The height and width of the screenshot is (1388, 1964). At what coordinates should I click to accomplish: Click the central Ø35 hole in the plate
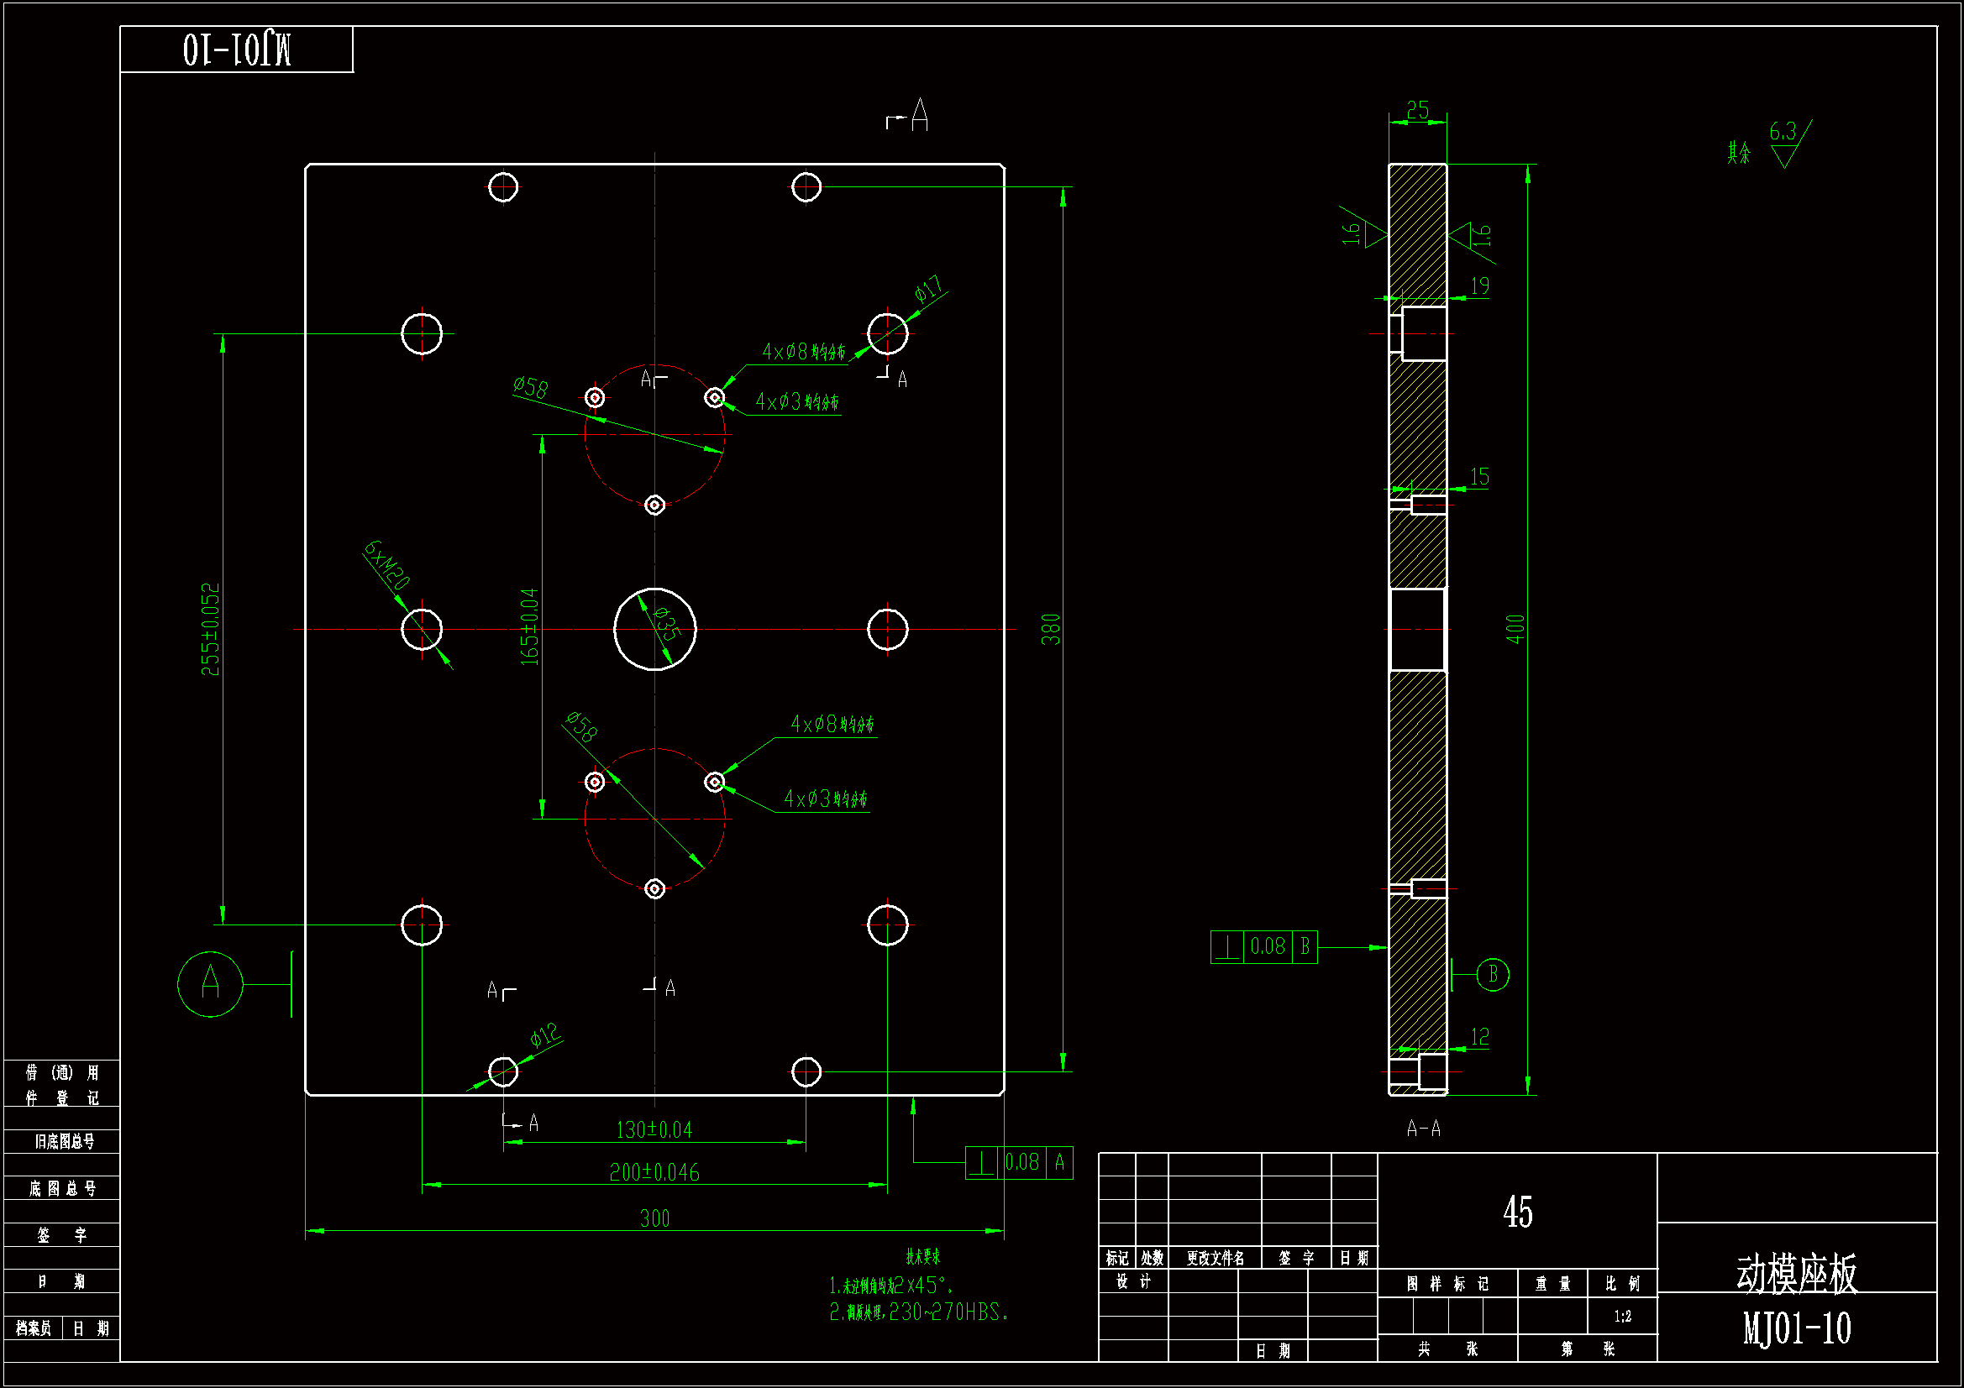[x=654, y=630]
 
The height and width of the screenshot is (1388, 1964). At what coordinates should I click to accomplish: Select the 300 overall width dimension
[x=654, y=1218]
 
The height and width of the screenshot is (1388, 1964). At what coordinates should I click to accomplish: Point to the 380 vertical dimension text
[x=1050, y=629]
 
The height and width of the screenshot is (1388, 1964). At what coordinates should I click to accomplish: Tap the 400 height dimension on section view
[x=1515, y=629]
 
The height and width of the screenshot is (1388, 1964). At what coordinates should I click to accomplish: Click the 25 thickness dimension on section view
[x=1417, y=110]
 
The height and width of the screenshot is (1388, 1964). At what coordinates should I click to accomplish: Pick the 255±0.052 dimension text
[x=210, y=629]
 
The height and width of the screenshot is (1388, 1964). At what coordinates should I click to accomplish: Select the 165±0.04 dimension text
[x=530, y=626]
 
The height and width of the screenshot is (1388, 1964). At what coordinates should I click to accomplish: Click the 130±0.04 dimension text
[x=654, y=1129]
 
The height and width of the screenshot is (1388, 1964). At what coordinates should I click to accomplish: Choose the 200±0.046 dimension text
[x=654, y=1171]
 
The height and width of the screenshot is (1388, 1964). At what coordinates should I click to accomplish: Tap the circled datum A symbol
[x=210, y=983]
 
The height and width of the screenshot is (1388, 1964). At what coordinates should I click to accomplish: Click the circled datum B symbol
[x=1493, y=974]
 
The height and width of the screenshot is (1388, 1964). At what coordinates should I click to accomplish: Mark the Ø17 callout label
[x=928, y=289]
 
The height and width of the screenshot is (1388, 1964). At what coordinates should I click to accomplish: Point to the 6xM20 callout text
[x=386, y=564]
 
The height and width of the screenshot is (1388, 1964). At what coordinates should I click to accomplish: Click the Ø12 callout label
[x=545, y=1035]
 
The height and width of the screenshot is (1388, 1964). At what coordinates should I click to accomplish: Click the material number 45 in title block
[x=1517, y=1212]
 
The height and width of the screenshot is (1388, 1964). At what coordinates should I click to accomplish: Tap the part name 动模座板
[x=1796, y=1274]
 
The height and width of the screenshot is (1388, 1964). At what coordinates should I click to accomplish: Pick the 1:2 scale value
[x=1622, y=1316]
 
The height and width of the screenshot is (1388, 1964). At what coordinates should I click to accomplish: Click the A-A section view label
[x=1423, y=1129]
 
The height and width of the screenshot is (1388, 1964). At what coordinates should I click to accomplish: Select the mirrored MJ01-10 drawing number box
[x=236, y=50]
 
